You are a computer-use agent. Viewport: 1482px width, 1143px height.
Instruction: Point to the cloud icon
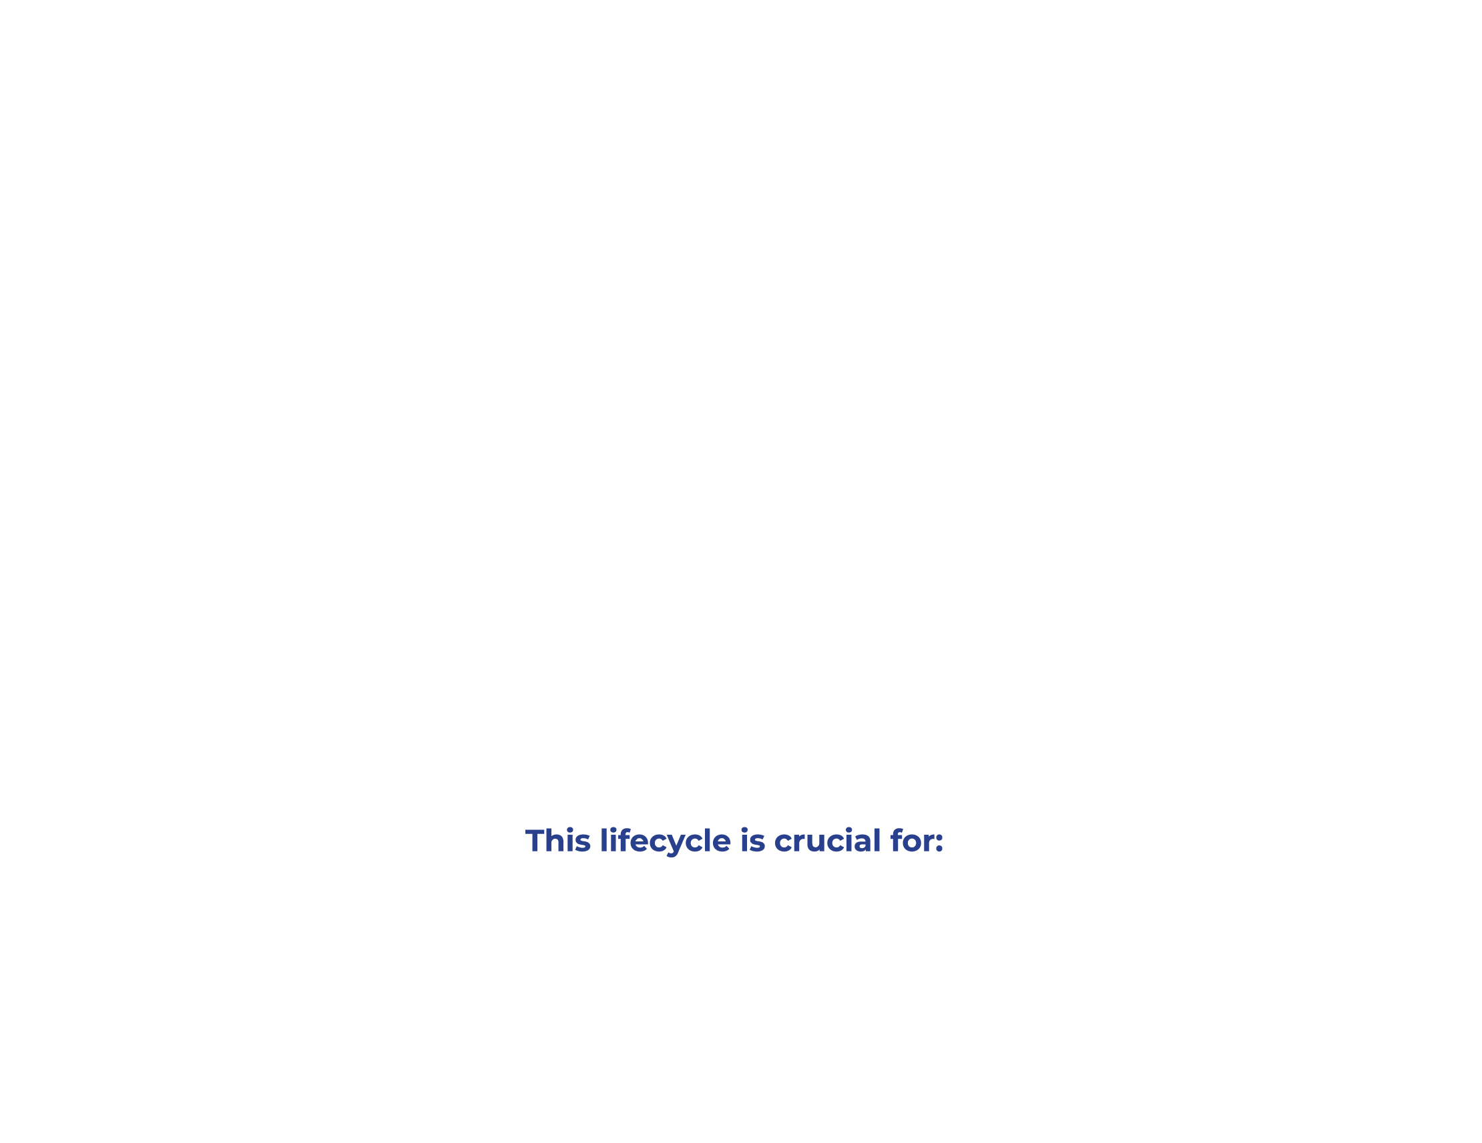(1304, 298)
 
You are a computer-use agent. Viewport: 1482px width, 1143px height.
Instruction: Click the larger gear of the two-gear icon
(819, 548)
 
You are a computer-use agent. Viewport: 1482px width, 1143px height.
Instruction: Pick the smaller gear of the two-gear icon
(954, 559)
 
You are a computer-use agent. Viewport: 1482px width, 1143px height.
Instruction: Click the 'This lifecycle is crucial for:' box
(734, 841)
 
